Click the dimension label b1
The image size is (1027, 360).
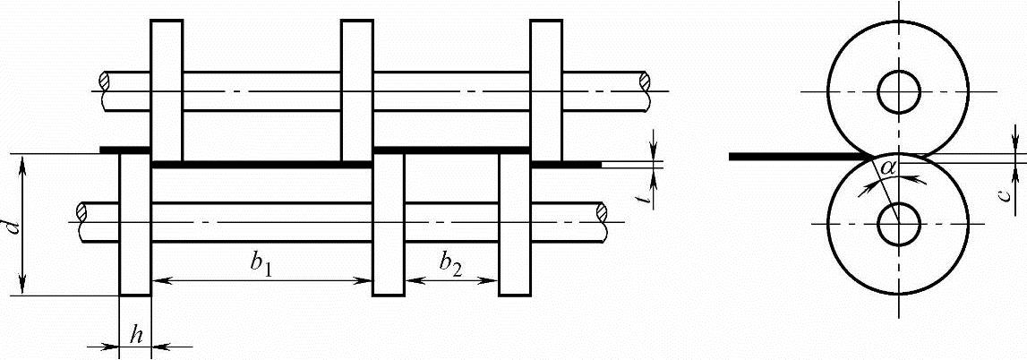tap(261, 263)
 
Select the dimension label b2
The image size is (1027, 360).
tap(450, 263)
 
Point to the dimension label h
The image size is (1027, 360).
tap(137, 334)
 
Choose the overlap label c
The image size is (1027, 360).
tap(1006, 192)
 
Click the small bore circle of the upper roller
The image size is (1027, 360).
tap(898, 91)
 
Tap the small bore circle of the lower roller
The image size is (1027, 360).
tap(898, 223)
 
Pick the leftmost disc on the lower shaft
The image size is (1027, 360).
tap(136, 224)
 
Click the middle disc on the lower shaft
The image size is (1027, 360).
tap(389, 224)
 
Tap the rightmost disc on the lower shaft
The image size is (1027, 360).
tap(515, 224)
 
